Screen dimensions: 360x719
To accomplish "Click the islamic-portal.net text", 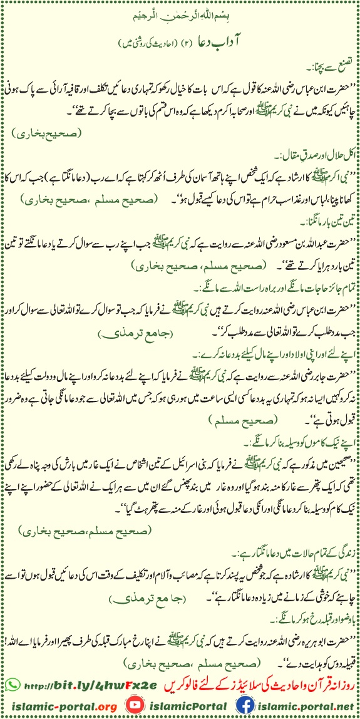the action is tap(310, 703).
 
